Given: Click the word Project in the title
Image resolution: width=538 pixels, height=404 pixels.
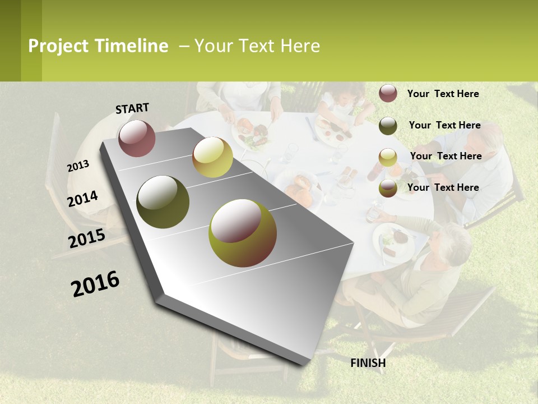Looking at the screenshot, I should click(58, 46).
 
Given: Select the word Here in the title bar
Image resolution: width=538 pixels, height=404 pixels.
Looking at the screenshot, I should click(300, 46).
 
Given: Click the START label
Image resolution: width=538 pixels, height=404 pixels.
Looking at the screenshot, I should click(132, 108).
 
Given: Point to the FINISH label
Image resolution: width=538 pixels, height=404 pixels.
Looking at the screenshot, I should click(368, 363).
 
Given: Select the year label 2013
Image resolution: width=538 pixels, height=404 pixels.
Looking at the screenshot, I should click(78, 166).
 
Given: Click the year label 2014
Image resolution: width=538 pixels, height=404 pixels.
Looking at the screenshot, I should click(83, 199).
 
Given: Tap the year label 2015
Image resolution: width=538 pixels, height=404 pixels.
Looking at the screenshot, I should click(87, 238).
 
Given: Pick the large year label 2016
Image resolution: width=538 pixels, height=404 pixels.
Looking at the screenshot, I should click(95, 284).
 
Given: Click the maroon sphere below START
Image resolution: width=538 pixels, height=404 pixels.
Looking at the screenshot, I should click(137, 138).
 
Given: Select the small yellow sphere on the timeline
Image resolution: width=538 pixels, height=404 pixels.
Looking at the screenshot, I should click(212, 157).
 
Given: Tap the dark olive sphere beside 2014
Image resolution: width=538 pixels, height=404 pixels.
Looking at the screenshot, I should click(163, 202).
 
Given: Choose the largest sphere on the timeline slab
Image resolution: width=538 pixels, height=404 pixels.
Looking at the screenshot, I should click(243, 233).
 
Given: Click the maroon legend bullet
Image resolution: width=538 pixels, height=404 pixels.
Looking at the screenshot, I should click(388, 94).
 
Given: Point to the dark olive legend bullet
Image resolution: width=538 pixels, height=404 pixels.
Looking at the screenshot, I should click(388, 126).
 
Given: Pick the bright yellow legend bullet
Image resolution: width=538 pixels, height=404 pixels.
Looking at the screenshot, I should click(388, 157).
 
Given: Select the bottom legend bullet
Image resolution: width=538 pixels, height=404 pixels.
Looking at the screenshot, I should click(388, 188).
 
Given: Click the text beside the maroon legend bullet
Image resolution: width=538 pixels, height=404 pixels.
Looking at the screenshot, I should click(443, 94).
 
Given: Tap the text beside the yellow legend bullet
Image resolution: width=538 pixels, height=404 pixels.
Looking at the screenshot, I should click(446, 156).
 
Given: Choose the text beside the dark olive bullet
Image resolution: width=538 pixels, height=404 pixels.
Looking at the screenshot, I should click(444, 125).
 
